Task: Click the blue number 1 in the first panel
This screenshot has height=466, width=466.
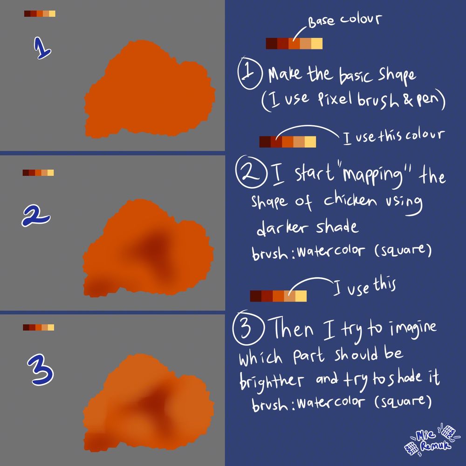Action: coord(42,48)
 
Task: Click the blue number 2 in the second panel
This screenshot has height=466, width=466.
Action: coord(36,216)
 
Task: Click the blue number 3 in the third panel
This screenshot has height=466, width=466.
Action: coord(41,370)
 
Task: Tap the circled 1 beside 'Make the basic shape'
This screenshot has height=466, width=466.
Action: coord(250,73)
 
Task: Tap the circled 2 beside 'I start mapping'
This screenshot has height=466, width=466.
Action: coord(250,172)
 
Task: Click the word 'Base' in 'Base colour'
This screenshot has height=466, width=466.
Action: coord(321,22)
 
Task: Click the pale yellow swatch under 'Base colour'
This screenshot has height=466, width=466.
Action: coord(317,43)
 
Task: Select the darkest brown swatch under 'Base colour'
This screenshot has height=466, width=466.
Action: coord(271,43)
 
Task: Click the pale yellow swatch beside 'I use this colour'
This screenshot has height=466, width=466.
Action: coord(310,142)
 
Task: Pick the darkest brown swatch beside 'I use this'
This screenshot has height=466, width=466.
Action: coord(255,296)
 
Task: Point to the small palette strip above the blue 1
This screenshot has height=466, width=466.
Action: coord(40,14)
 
